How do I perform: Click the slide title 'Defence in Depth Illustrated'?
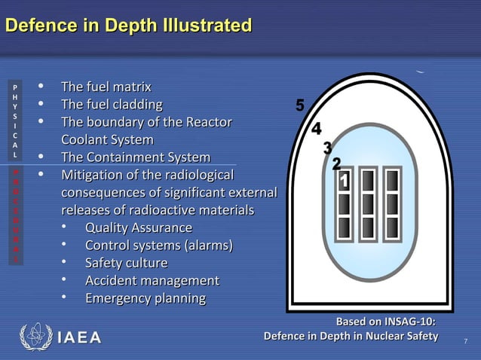[128, 26]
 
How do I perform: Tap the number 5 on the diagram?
[300, 106]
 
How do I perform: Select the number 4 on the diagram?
[317, 128]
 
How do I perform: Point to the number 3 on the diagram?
[327, 148]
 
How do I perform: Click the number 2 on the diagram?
[337, 164]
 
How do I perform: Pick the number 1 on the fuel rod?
[343, 182]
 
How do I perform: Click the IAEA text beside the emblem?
[78, 337]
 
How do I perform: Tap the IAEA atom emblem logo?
[35, 337]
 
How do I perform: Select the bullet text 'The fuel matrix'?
[106, 87]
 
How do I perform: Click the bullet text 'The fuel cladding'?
[112, 104]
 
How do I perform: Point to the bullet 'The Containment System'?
[136, 157]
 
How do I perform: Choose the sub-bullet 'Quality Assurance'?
[139, 227]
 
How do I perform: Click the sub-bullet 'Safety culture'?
[126, 263]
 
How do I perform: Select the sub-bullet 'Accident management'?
[152, 281]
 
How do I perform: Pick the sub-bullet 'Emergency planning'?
[146, 298]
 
